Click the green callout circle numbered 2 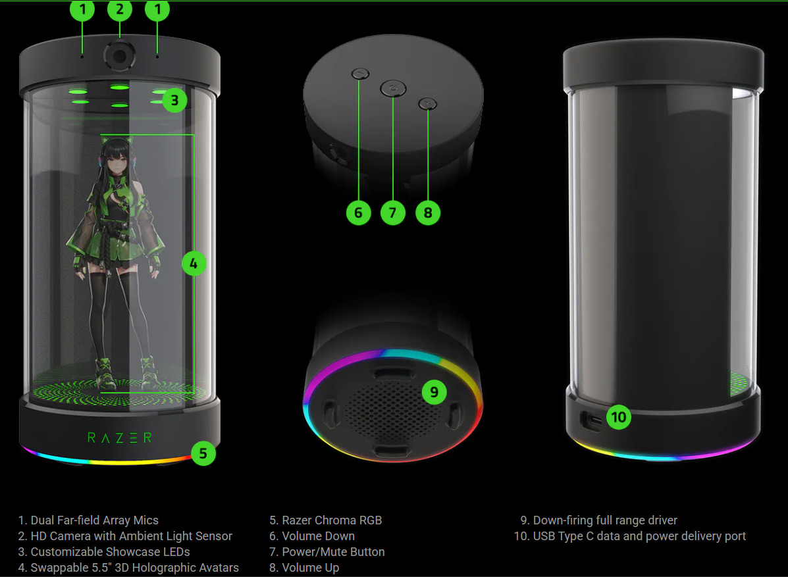tap(120, 10)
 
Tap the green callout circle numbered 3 tap(174, 101)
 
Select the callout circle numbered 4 tap(194, 263)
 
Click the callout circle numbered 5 tap(203, 453)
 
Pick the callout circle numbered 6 tap(358, 213)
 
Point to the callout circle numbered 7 tap(393, 213)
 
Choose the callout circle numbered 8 tap(428, 213)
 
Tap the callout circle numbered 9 tap(434, 392)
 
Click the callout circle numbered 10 tap(619, 417)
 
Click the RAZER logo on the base tap(120, 438)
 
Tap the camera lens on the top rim tap(120, 56)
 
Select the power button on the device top tap(393, 89)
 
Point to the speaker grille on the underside tap(391, 412)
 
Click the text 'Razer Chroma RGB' tap(332, 520)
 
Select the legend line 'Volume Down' tap(311, 536)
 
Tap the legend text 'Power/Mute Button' tap(327, 552)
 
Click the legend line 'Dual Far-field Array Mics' tap(88, 520)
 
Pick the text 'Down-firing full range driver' tap(605, 520)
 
